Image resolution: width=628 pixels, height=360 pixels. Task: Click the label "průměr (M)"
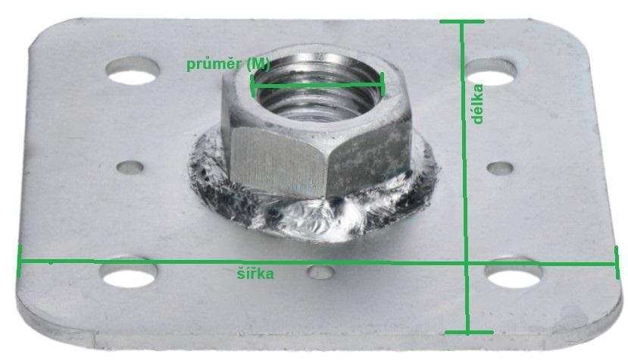pyautogui.click(x=228, y=64)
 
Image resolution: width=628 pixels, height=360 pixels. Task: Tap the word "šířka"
pyautogui.click(x=255, y=273)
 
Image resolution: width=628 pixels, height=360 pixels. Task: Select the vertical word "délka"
pyautogui.click(x=476, y=104)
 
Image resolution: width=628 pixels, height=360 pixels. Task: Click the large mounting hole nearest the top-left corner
pyautogui.click(x=133, y=70)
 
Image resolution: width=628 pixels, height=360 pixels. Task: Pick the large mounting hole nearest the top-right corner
pyautogui.click(x=491, y=72)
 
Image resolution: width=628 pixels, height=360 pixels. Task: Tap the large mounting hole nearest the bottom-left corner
pyautogui.click(x=129, y=273)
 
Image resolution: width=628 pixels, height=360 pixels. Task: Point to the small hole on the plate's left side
pyautogui.click(x=130, y=167)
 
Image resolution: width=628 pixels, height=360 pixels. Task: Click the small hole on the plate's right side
pyautogui.click(x=500, y=168)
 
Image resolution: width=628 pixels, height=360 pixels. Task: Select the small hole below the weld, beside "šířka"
pyautogui.click(x=320, y=273)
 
